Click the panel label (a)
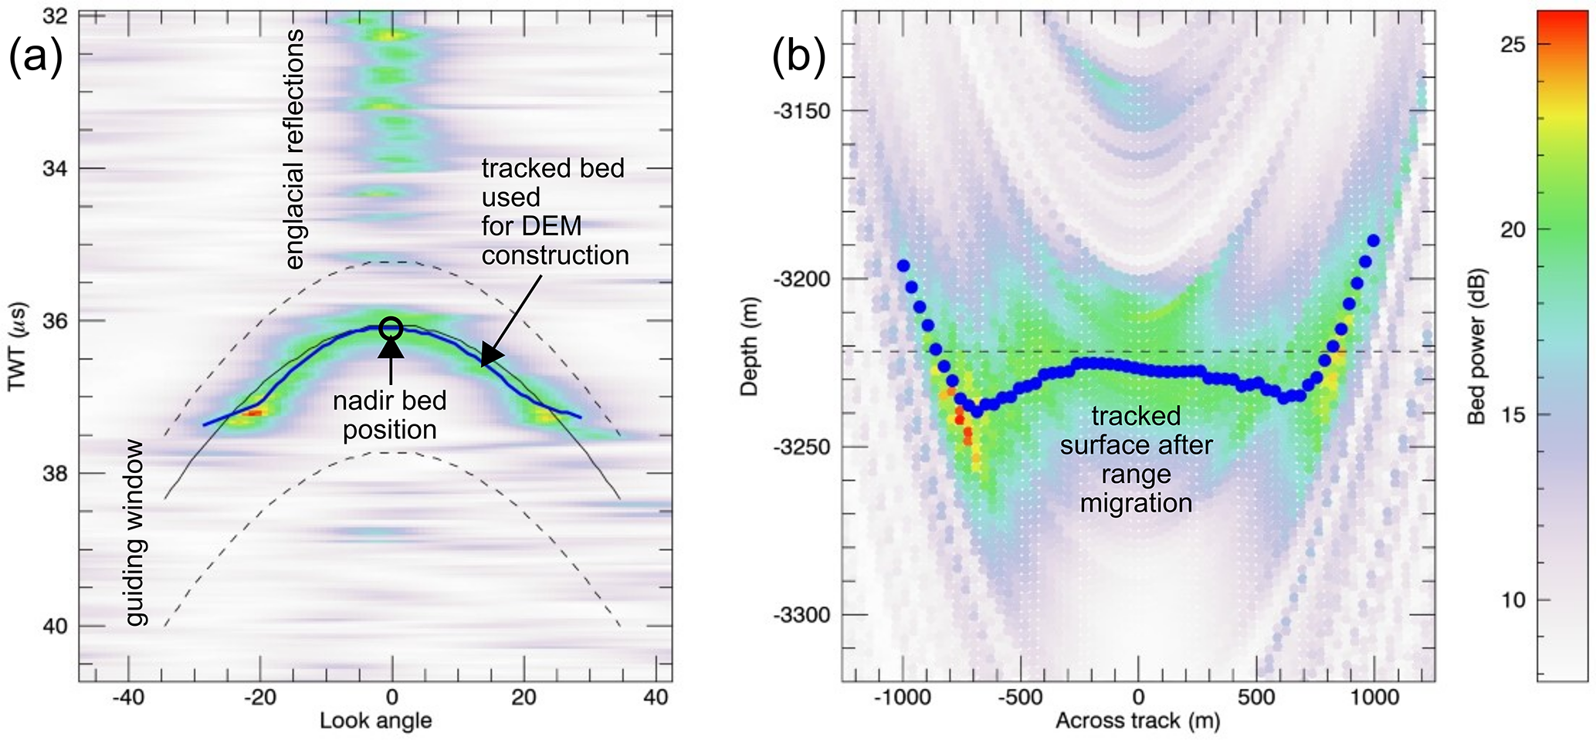[35, 58]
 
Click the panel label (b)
[799, 58]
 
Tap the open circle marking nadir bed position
[391, 328]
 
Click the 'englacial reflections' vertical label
[293, 149]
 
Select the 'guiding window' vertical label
[135, 532]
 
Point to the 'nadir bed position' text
[390, 415]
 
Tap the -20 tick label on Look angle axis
[259, 698]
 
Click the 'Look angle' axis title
[376, 721]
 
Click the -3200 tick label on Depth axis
[801, 279]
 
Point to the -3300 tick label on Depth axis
[801, 615]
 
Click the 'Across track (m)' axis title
[1137, 721]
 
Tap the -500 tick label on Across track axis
[1020, 698]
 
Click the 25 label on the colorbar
[1514, 45]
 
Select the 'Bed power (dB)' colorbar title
[1476, 346]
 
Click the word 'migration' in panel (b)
[1137, 504]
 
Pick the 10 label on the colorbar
[1514, 600]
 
